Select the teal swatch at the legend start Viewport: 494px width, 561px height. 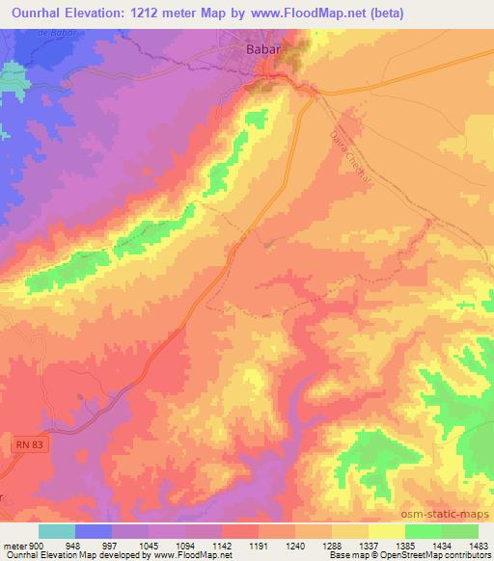point(57,531)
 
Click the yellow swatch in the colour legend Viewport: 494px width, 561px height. point(386,531)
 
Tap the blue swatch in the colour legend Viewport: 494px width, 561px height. point(94,531)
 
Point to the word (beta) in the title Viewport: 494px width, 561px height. point(382,13)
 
